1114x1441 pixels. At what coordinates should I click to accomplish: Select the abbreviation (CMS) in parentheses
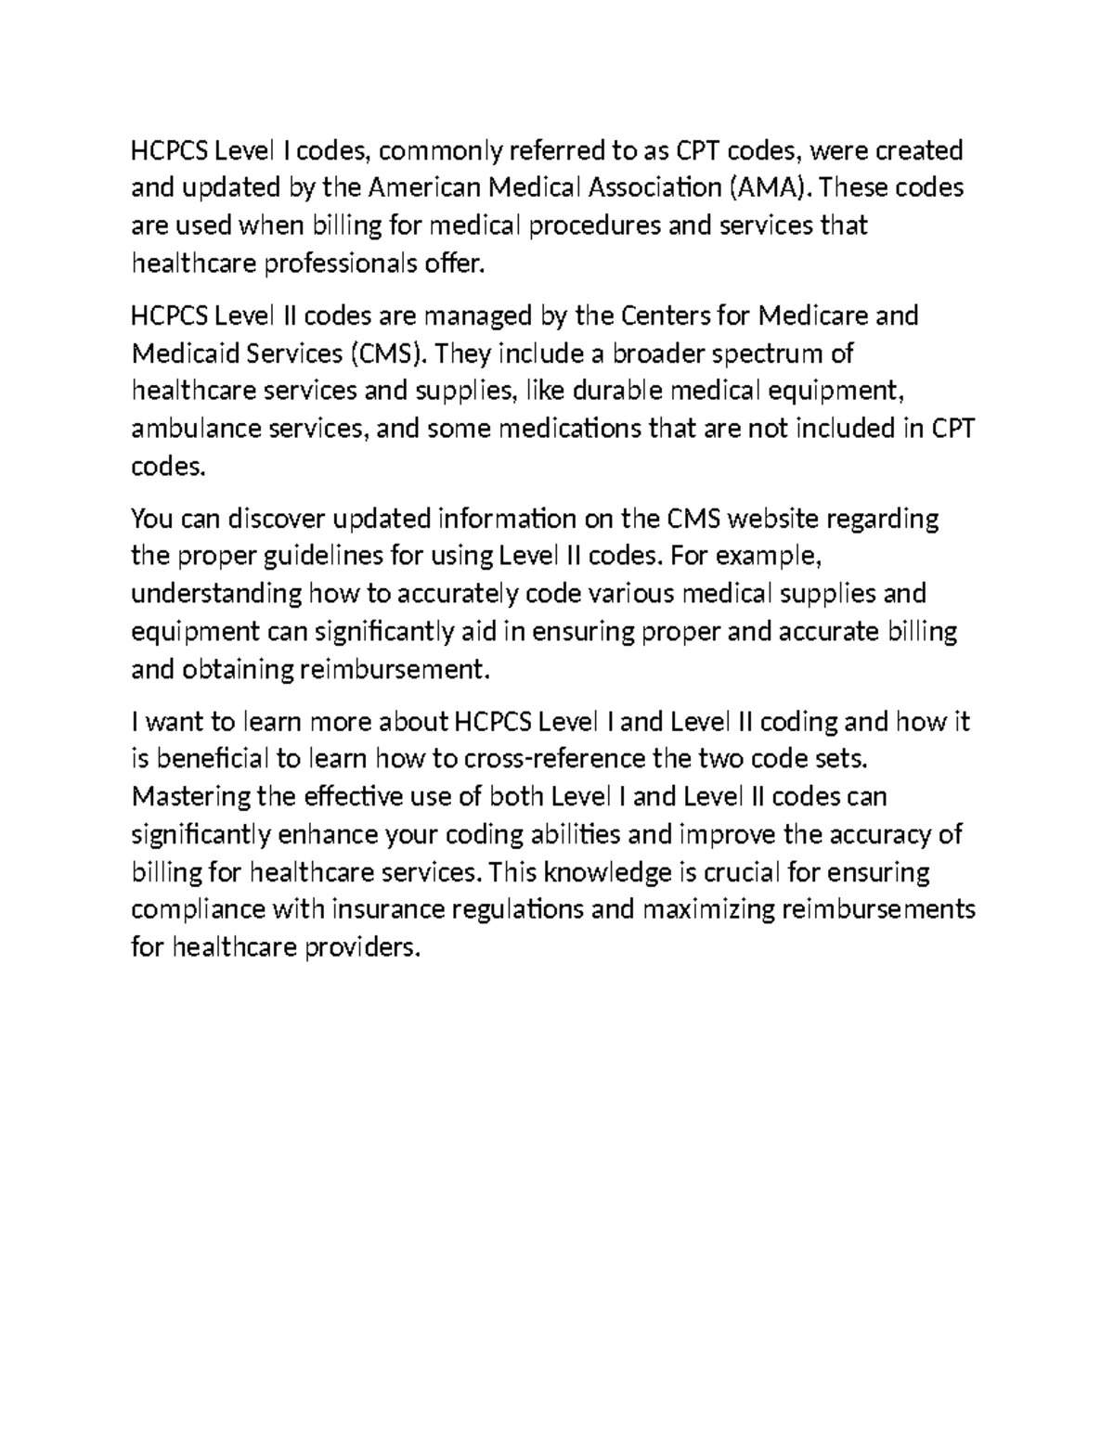coord(389,354)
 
